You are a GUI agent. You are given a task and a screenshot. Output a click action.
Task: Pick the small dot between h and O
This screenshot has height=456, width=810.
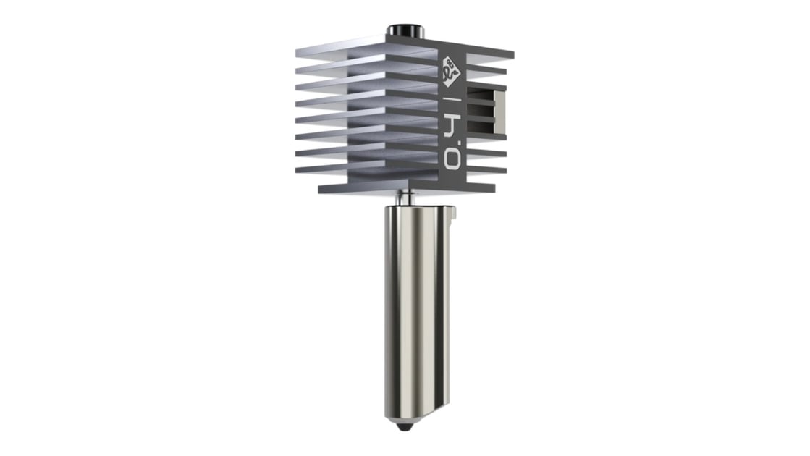tap(457, 143)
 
